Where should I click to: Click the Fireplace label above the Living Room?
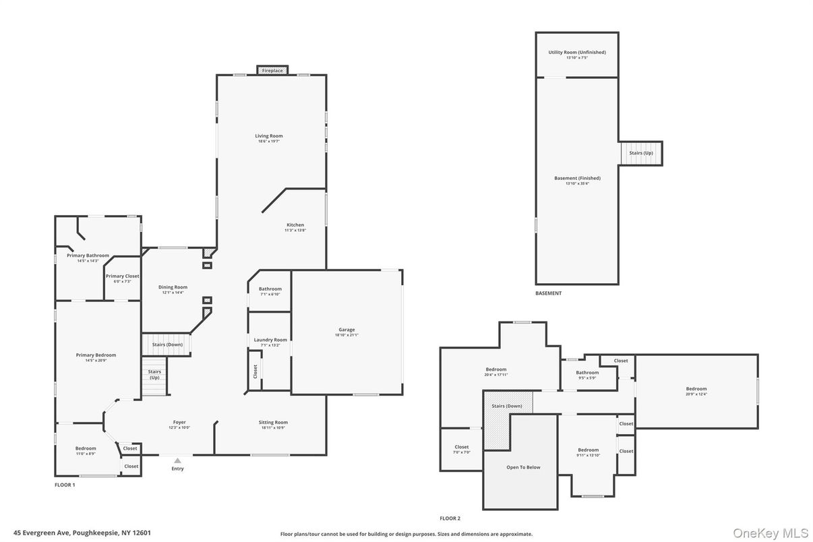coord(272,71)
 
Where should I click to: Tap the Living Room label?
coord(268,136)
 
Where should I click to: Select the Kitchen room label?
coord(295,225)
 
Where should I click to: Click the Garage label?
coord(347,330)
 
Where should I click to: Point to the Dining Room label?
coord(173,287)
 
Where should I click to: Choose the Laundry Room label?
coord(270,340)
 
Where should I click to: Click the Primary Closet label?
coord(123,276)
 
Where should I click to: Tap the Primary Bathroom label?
coord(88,255)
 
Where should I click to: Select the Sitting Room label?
coord(273,423)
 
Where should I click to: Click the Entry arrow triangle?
coord(177,460)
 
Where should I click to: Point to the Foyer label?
coord(179,423)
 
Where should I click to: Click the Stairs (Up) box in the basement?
coord(641,153)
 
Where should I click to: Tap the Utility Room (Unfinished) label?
coord(577,53)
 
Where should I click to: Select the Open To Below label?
coord(523,467)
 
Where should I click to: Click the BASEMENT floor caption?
coord(548,293)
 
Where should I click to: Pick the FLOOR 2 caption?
coord(450,518)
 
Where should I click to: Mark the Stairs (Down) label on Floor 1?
coord(167,344)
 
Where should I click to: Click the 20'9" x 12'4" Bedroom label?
coord(696,389)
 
